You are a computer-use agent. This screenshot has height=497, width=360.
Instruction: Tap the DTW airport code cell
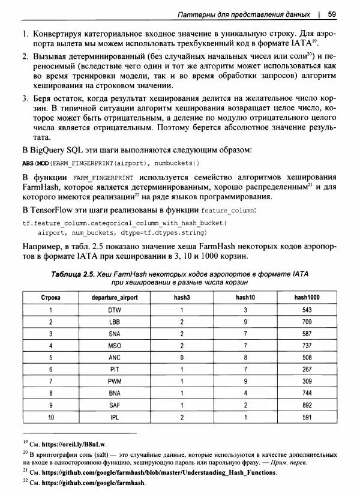tap(115, 311)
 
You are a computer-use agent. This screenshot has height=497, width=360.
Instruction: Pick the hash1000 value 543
tap(307, 311)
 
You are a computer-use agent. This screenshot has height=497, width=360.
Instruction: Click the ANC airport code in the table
tap(115, 358)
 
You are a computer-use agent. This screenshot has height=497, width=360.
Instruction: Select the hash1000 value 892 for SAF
tap(307, 405)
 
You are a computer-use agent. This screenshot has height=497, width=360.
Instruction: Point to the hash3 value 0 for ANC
tap(181, 358)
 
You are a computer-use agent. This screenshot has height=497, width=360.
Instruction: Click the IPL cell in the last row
tap(115, 417)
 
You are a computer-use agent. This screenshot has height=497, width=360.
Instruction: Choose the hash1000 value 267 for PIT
tap(307, 370)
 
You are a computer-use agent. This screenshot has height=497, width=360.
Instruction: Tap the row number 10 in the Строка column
tap(52, 417)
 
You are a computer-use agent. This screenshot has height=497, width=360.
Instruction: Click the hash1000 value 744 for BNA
tap(307, 393)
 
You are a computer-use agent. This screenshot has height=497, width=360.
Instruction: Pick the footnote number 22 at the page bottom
tap(25, 482)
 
